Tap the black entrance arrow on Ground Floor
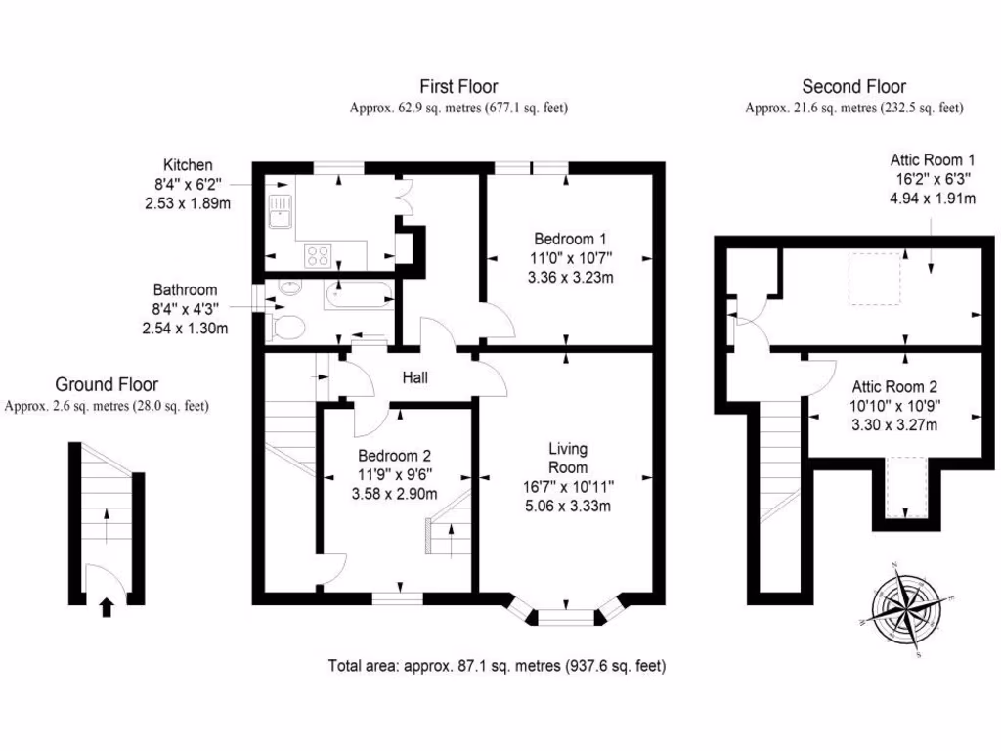(x=107, y=608)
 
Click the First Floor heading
(x=458, y=87)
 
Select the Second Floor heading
(x=853, y=87)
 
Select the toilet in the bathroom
(x=284, y=327)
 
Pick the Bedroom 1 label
(x=571, y=239)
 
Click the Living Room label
(x=567, y=459)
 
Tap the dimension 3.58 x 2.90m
(x=394, y=494)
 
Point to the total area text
(x=498, y=667)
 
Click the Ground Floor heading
(x=107, y=385)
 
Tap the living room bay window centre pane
(x=567, y=617)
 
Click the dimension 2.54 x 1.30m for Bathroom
(x=185, y=329)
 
